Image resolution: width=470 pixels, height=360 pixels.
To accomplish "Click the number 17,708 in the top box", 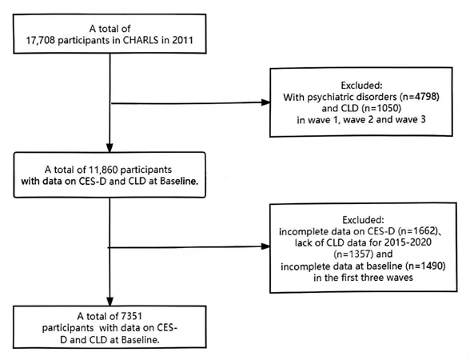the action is click(x=41, y=41).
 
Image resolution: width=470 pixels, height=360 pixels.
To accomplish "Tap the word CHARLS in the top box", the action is click(x=141, y=40).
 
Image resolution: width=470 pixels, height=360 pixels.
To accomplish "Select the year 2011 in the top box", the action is click(x=182, y=40).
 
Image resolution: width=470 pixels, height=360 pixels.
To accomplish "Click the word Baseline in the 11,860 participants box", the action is click(x=179, y=181).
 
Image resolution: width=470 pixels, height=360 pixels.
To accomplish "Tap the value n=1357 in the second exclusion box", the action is click(x=353, y=254).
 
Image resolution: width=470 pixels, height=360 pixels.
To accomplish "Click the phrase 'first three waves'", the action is click(x=377, y=278).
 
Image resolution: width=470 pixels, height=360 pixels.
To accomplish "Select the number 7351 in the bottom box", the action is click(x=131, y=316).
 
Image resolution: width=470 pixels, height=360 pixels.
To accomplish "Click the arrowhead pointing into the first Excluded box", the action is click(x=265, y=102).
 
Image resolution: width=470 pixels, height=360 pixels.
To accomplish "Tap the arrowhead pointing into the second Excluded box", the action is click(x=265, y=246).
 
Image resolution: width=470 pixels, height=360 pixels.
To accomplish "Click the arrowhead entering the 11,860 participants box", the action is click(x=110, y=148).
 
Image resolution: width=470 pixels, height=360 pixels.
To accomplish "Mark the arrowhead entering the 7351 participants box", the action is click(x=110, y=302).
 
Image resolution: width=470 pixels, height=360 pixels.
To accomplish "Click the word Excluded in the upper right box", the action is click(x=361, y=86).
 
